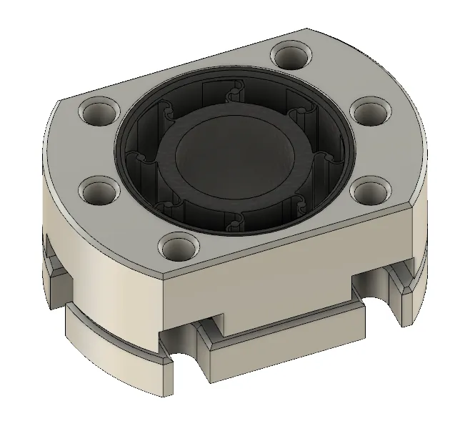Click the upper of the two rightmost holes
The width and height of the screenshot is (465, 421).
[x=370, y=112]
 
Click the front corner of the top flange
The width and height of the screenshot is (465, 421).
[x=165, y=274]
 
